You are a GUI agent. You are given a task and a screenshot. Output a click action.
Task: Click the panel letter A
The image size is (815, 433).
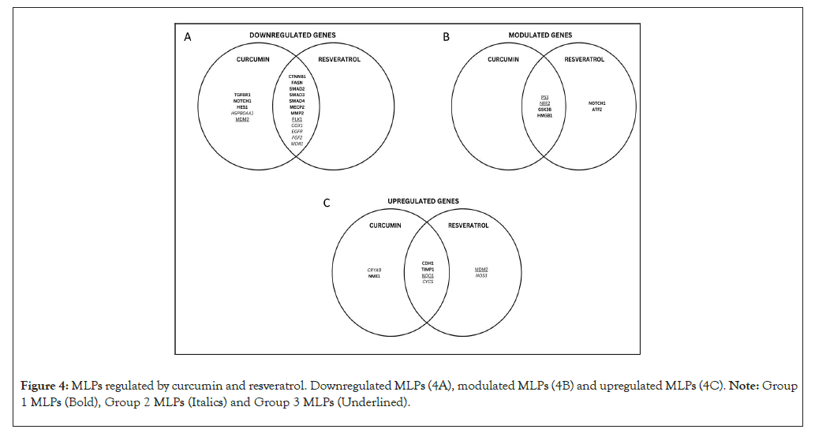pos(188,36)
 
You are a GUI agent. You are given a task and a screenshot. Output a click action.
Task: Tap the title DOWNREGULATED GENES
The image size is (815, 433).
pos(293,35)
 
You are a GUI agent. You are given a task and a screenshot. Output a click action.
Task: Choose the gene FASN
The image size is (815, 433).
pos(297,83)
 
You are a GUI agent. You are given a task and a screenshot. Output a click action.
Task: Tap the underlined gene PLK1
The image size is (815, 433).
pos(297,119)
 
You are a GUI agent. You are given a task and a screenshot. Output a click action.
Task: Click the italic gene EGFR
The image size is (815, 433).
pos(297,132)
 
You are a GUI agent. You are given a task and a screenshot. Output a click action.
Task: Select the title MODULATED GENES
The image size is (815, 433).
pos(540,35)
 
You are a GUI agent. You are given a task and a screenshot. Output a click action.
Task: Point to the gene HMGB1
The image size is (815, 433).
pos(544,115)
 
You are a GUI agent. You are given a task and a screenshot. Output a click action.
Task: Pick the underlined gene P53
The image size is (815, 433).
pos(544,96)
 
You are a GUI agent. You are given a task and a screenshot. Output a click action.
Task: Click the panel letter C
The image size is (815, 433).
pos(327,203)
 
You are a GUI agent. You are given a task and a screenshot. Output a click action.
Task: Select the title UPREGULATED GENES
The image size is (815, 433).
pos(423,201)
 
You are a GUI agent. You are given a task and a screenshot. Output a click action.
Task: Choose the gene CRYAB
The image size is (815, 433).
pos(375,270)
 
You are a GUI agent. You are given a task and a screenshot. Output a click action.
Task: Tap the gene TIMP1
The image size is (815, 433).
pos(428,270)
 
